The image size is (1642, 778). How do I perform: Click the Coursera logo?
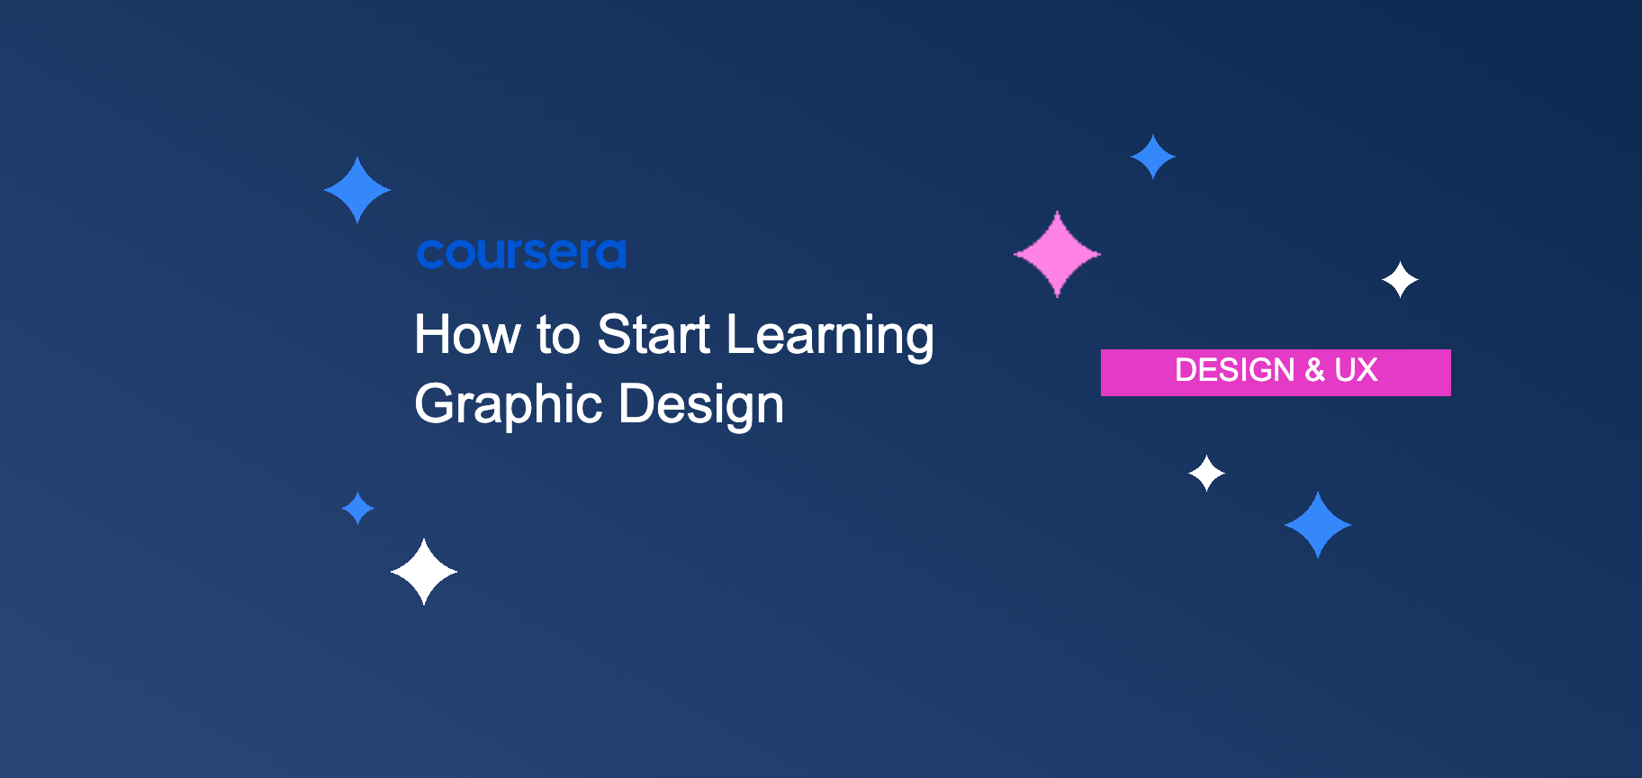point(521,253)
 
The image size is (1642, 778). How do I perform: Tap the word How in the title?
point(467,334)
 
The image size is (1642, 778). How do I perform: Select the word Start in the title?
point(654,334)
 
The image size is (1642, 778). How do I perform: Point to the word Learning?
point(830,337)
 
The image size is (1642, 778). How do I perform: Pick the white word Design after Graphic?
point(701,404)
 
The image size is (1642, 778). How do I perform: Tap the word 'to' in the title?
point(558,336)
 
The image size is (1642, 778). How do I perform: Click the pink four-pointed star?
point(1057,254)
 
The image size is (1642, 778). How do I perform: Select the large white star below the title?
point(424,572)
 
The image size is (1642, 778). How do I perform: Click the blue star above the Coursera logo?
point(357,190)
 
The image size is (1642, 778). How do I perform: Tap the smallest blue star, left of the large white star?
point(357,508)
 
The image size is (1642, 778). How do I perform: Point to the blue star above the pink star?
point(1153,157)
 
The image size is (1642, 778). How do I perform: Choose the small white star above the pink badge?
point(1400,280)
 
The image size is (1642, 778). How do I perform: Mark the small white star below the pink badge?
point(1206,473)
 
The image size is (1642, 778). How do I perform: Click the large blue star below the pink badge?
point(1318,525)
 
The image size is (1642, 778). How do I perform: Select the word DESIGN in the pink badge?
point(1235,370)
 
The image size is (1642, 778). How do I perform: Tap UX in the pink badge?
point(1356,370)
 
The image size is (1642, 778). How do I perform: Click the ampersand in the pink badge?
point(1314,370)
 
